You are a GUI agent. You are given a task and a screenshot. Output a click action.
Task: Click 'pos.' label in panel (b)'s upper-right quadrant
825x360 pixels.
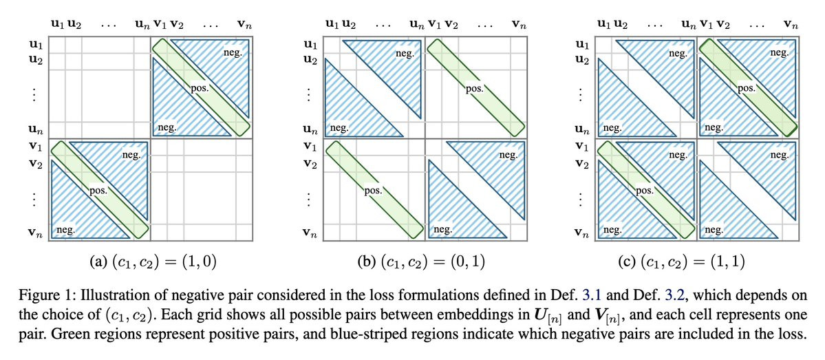coord(473,89)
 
